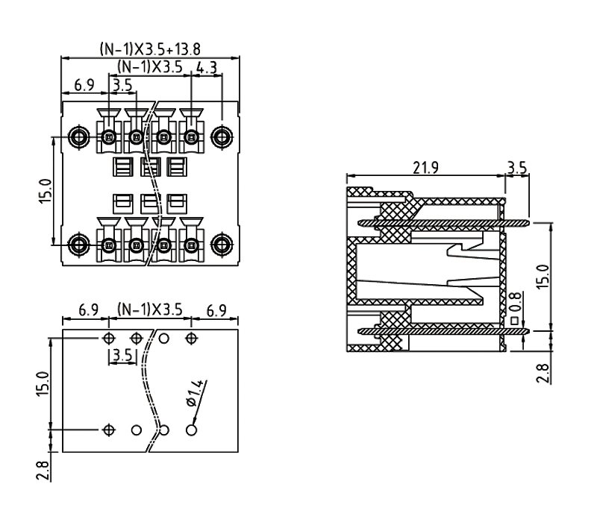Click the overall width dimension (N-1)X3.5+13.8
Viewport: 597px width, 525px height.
pos(149,49)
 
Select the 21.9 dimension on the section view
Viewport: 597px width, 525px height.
pos(425,168)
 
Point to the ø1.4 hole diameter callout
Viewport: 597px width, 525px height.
pos(196,393)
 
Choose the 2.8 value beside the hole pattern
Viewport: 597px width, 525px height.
pos(43,471)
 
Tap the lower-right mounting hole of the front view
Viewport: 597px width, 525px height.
pos(220,244)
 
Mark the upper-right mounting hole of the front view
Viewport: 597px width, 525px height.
pos(220,137)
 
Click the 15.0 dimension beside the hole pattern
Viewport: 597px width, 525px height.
pos(43,384)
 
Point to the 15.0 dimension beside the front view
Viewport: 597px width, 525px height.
pos(43,191)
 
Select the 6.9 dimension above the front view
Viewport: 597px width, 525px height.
pos(84,85)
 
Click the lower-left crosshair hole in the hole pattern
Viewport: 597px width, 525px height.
pos(109,430)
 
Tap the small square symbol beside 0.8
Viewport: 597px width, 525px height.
pos(514,321)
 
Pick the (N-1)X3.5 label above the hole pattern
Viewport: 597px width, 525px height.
pos(150,309)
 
